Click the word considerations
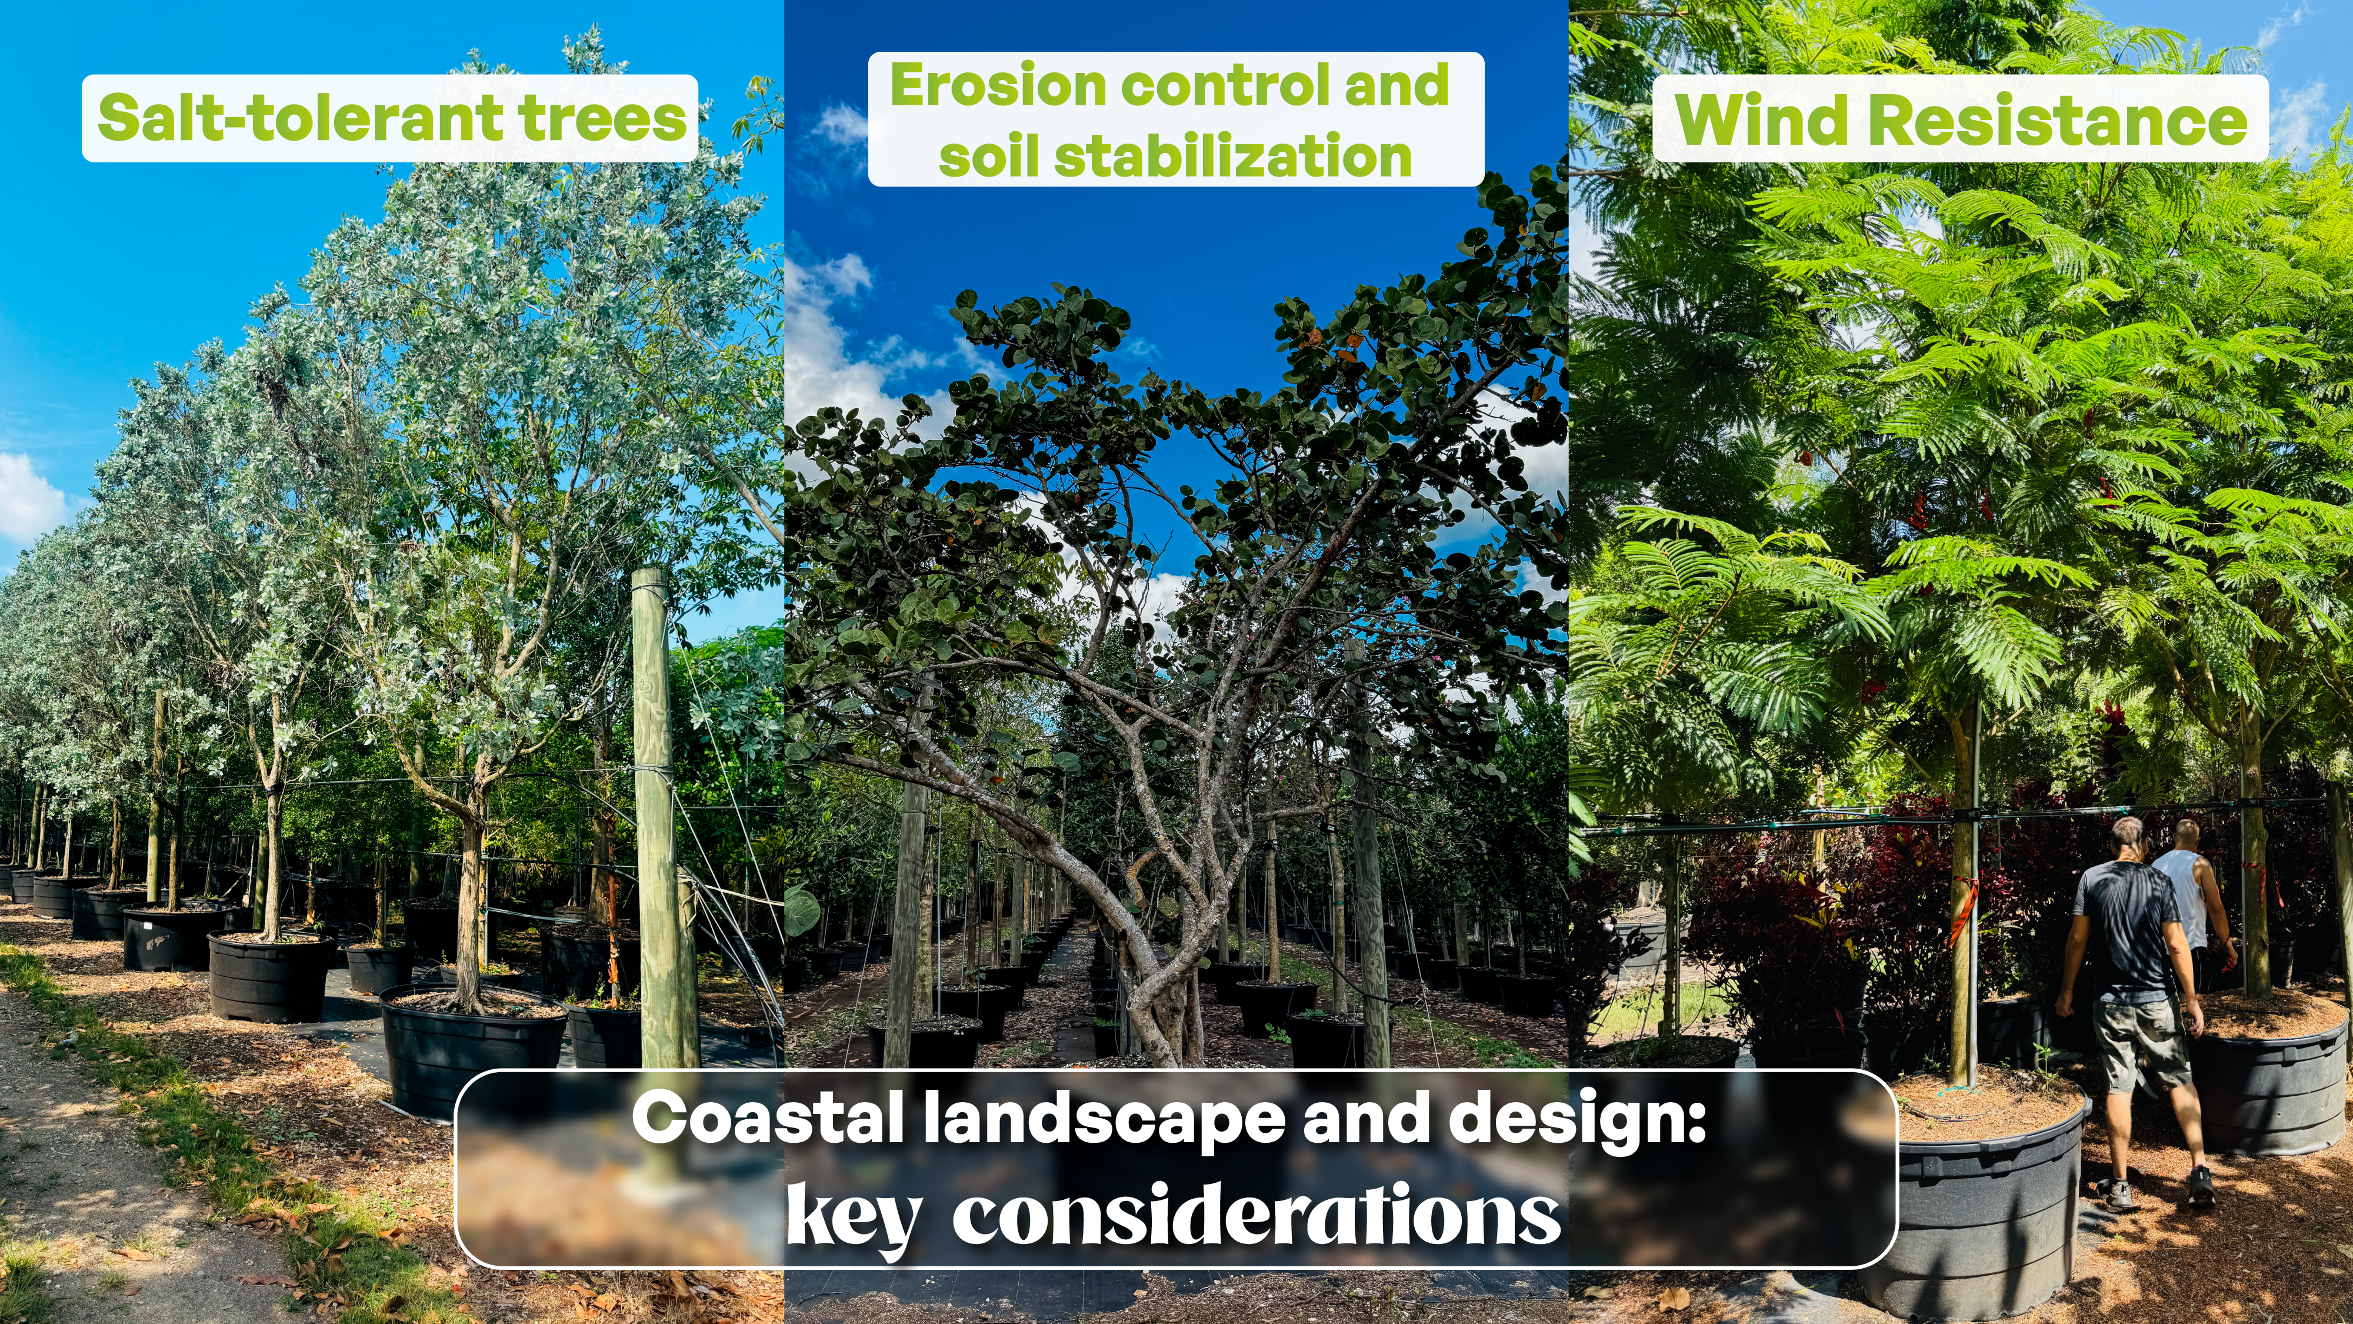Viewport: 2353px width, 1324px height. pyautogui.click(x=1256, y=1213)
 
